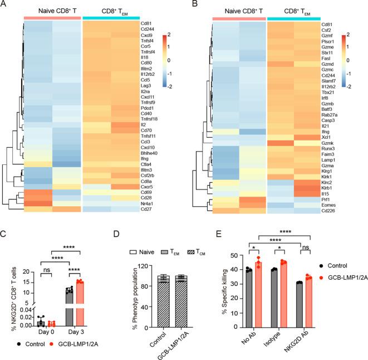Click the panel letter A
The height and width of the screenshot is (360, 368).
[x=4, y=6]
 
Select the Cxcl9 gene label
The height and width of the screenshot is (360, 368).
[x=147, y=35]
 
